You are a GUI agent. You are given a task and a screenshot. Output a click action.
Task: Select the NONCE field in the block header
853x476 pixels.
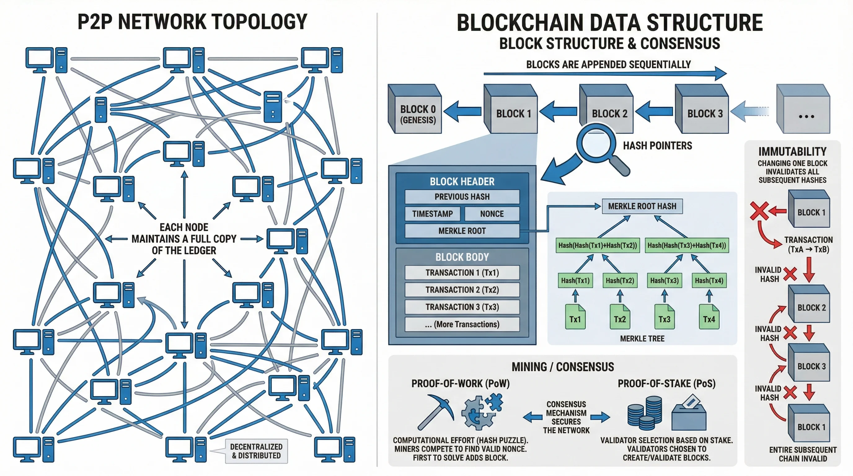click(x=492, y=214)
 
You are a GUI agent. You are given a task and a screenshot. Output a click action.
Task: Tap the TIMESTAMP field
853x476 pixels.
click(x=432, y=214)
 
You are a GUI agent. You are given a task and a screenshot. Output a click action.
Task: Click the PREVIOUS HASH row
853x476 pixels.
click(x=462, y=196)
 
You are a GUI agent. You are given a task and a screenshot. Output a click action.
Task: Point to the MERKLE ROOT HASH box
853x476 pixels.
click(x=642, y=206)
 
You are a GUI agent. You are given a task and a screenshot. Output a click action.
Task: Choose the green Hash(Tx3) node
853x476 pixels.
click(x=664, y=280)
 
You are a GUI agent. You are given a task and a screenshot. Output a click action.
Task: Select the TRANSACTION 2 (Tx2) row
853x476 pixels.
click(x=462, y=290)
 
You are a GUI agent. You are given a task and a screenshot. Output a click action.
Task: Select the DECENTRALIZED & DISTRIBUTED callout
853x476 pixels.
click(x=256, y=451)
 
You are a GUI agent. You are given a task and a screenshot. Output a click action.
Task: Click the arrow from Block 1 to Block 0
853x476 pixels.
click(x=462, y=111)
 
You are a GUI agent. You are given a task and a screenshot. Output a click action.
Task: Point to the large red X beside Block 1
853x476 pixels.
click(x=759, y=210)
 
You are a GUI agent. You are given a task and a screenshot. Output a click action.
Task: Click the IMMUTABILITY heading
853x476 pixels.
click(x=792, y=152)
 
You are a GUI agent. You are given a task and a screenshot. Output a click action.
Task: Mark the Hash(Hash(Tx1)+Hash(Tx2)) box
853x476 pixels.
click(x=597, y=245)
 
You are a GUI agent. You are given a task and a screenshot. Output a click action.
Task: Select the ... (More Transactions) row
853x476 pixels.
click(x=462, y=324)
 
